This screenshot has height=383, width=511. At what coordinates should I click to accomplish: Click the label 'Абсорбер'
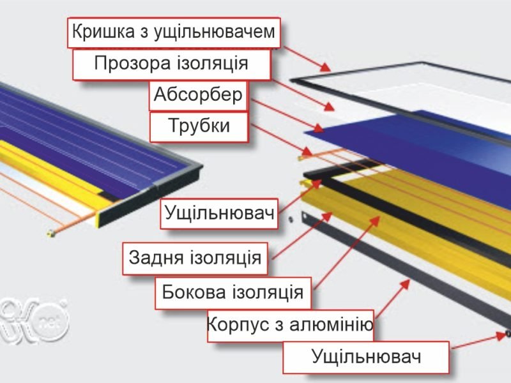pyautogui.click(x=198, y=95)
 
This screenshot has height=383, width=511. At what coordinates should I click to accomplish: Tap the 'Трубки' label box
pyautogui.click(x=199, y=126)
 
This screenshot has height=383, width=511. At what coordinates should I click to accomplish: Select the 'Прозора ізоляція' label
pyautogui.click(x=171, y=64)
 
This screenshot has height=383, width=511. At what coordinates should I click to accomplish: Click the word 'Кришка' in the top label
pyautogui.click(x=103, y=31)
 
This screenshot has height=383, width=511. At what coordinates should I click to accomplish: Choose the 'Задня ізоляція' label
pyautogui.click(x=195, y=258)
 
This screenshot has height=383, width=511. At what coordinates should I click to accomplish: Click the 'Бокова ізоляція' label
pyautogui.click(x=233, y=292)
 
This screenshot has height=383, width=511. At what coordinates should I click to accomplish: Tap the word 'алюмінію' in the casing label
pyautogui.click(x=331, y=324)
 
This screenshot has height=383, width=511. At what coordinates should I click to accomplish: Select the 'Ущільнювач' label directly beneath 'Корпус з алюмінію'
pyautogui.click(x=366, y=357)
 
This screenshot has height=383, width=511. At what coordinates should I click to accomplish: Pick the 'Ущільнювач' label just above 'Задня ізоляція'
pyautogui.click(x=219, y=214)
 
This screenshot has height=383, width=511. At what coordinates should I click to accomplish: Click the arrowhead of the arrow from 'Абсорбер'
pyautogui.click(x=318, y=128)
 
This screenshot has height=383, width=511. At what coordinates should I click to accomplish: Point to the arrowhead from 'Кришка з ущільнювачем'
pyautogui.click(x=325, y=67)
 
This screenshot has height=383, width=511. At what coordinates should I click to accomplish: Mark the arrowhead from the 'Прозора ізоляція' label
pyautogui.click(x=329, y=107)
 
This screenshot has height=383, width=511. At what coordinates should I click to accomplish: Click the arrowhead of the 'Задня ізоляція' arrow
pyautogui.click(x=327, y=216)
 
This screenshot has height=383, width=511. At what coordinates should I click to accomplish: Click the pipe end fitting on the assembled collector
pyautogui.click(x=51, y=233)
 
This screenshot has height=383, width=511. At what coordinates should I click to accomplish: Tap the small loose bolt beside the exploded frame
pyautogui.click(x=291, y=220)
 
